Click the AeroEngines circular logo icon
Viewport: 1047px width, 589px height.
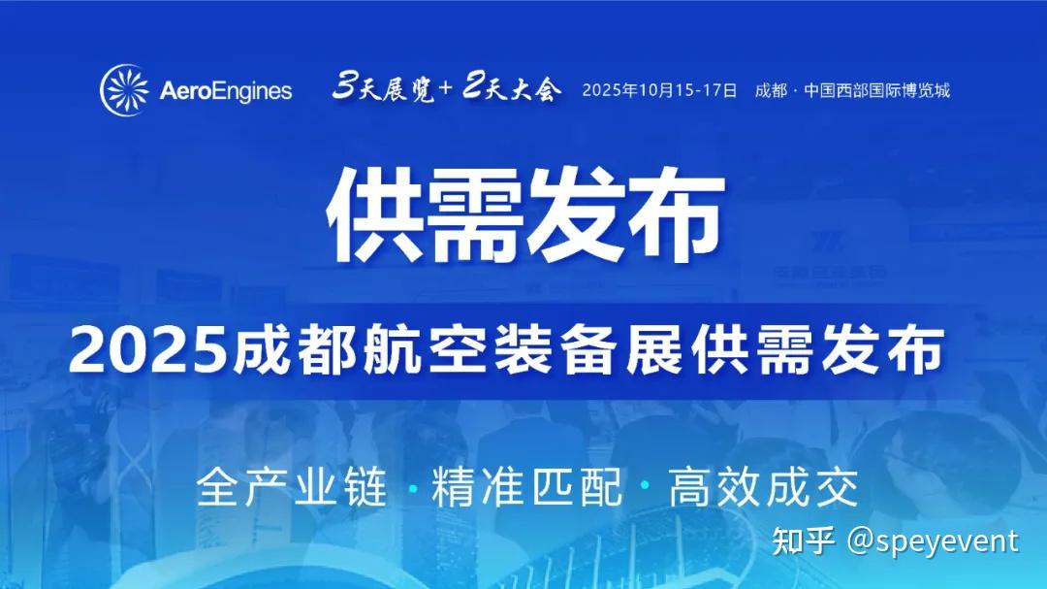point(125,89)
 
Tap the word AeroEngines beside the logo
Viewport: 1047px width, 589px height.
point(226,91)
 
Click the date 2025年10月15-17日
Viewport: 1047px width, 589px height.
point(659,90)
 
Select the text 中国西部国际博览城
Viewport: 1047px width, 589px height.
point(876,90)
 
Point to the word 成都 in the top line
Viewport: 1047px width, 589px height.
point(772,90)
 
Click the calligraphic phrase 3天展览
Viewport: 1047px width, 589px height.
point(383,87)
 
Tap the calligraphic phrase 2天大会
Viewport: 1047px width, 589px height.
point(512,87)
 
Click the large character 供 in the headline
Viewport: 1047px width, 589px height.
point(374,213)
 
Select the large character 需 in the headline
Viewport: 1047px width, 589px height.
point(475,213)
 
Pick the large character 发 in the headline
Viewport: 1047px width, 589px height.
point(576,213)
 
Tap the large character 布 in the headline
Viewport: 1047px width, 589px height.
point(675,213)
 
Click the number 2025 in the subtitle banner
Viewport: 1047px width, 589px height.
point(147,349)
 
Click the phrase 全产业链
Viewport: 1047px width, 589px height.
point(292,487)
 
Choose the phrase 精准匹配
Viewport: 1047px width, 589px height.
point(526,487)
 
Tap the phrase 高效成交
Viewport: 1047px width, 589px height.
point(763,487)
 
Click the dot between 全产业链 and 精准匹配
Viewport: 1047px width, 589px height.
point(412,489)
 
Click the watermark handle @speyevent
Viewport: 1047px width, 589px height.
point(933,540)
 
